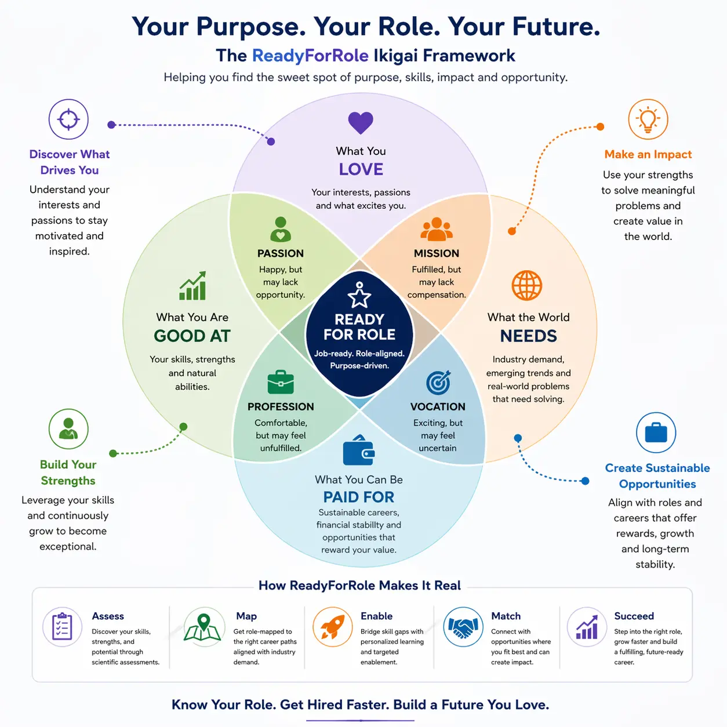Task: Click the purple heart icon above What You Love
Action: [x=360, y=122]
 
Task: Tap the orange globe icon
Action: [x=526, y=285]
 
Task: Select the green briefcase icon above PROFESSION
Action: [x=281, y=382]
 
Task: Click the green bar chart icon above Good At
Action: [x=192, y=286]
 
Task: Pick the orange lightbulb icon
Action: [x=648, y=119]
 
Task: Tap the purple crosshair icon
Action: [x=68, y=119]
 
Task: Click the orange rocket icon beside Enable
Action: [x=332, y=627]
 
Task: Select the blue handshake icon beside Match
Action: [x=463, y=627]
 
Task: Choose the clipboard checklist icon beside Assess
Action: [x=62, y=627]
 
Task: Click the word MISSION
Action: [x=437, y=253]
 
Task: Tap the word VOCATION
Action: [x=438, y=406]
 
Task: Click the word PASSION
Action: [x=281, y=253]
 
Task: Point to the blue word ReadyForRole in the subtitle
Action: [x=310, y=56]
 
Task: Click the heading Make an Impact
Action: [x=648, y=154]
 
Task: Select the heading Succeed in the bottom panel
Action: [x=634, y=616]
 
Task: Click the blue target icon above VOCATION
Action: [x=438, y=382]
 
